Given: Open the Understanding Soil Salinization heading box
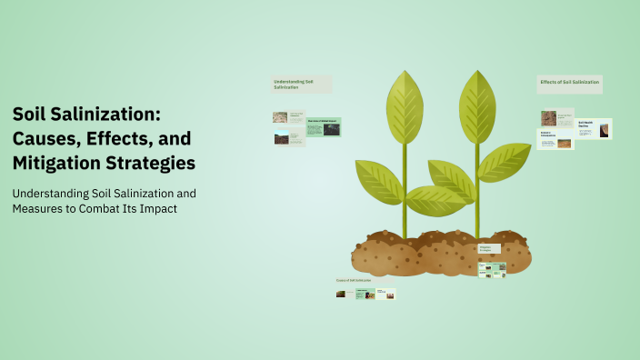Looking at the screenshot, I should tap(300, 84).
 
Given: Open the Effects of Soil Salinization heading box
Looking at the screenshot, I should tap(569, 83).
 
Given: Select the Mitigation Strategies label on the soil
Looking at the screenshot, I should tap(488, 248).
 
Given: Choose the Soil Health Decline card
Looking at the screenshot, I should tap(596, 128).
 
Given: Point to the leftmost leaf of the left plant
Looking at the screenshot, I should tap(377, 179).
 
